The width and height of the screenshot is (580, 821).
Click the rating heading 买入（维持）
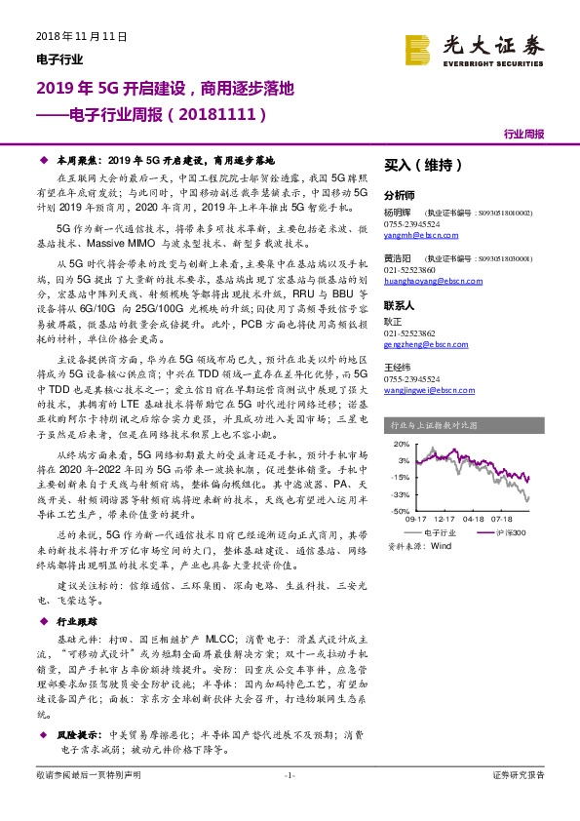(x=422, y=167)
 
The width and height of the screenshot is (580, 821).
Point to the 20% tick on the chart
(x=398, y=445)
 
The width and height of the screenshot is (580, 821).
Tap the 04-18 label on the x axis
(x=475, y=520)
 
